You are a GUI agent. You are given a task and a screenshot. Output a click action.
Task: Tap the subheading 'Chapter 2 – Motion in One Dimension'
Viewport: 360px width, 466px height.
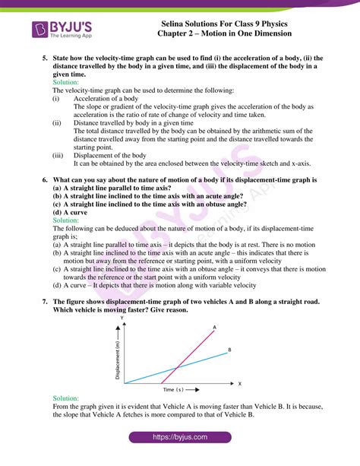pos(240,34)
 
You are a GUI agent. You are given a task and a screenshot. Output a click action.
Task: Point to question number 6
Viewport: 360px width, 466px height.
pos(45,180)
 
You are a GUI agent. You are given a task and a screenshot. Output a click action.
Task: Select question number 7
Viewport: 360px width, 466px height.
pos(45,302)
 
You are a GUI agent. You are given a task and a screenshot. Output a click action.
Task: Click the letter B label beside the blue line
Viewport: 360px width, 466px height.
pos(229,350)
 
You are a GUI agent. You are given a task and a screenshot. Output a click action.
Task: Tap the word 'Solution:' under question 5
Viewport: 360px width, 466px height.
pos(65,83)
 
